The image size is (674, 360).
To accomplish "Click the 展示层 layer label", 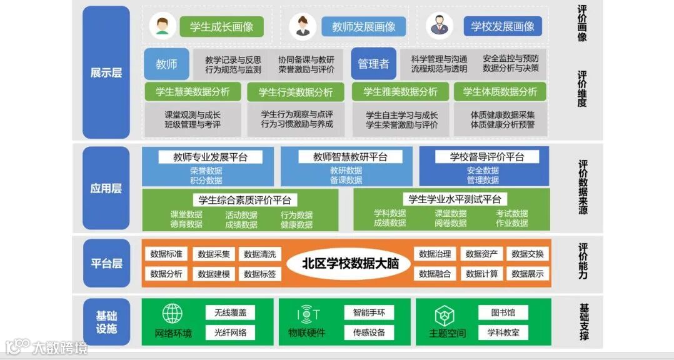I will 106,72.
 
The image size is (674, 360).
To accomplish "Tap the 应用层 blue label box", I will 106,188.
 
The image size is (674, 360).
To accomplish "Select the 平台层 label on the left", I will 106,263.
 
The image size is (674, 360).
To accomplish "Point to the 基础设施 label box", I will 106,322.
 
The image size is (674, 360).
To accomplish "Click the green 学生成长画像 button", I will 221,27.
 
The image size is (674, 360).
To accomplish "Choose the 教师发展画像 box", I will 363,27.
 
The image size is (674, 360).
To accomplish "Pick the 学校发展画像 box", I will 502,27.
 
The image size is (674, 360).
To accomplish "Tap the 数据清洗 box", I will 259,254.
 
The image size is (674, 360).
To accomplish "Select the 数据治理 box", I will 435,254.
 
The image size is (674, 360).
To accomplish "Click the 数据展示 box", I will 527,273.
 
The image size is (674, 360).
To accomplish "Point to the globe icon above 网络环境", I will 173,313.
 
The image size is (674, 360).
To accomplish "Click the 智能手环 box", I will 369,312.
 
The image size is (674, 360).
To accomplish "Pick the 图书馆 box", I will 503,312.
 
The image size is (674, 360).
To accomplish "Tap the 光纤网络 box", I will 230,332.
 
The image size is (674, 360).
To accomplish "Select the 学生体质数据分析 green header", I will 500,92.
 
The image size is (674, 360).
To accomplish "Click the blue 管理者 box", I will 373,64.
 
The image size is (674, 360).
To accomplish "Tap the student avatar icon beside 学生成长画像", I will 163,26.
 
